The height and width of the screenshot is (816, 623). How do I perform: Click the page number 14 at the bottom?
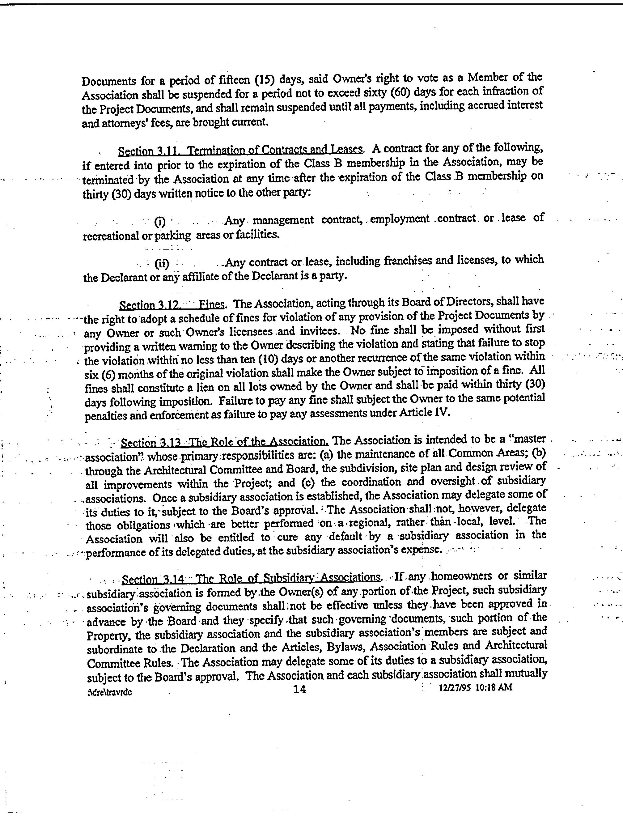[299, 690]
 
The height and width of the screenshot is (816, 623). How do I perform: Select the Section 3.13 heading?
[225, 442]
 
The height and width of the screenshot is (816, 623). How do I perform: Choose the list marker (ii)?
[162, 264]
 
